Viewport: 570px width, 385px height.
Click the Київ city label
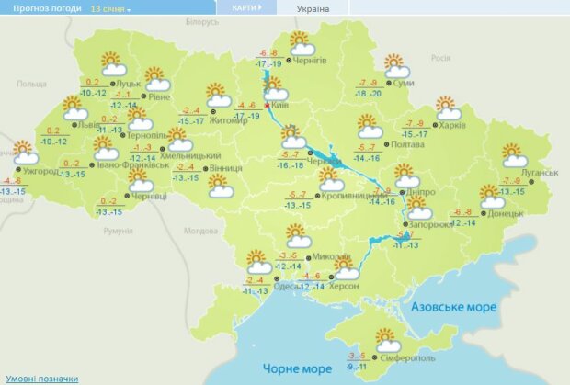(x=279, y=107)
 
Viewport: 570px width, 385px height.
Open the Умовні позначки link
(x=40, y=378)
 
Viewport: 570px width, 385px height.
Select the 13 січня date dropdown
(x=110, y=8)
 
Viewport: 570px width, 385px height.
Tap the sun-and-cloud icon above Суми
(x=396, y=67)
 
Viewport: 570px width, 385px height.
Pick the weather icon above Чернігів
(x=301, y=43)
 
